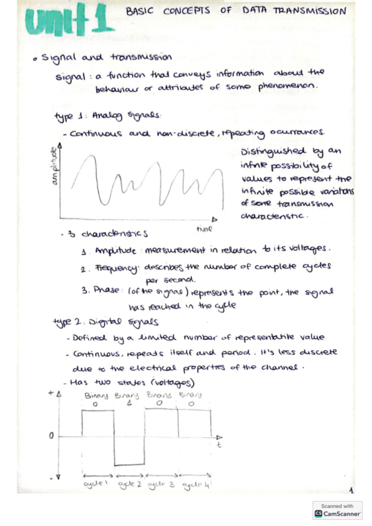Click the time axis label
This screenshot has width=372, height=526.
pyautogui.click(x=204, y=228)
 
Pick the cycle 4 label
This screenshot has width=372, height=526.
pyautogui.click(x=195, y=484)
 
